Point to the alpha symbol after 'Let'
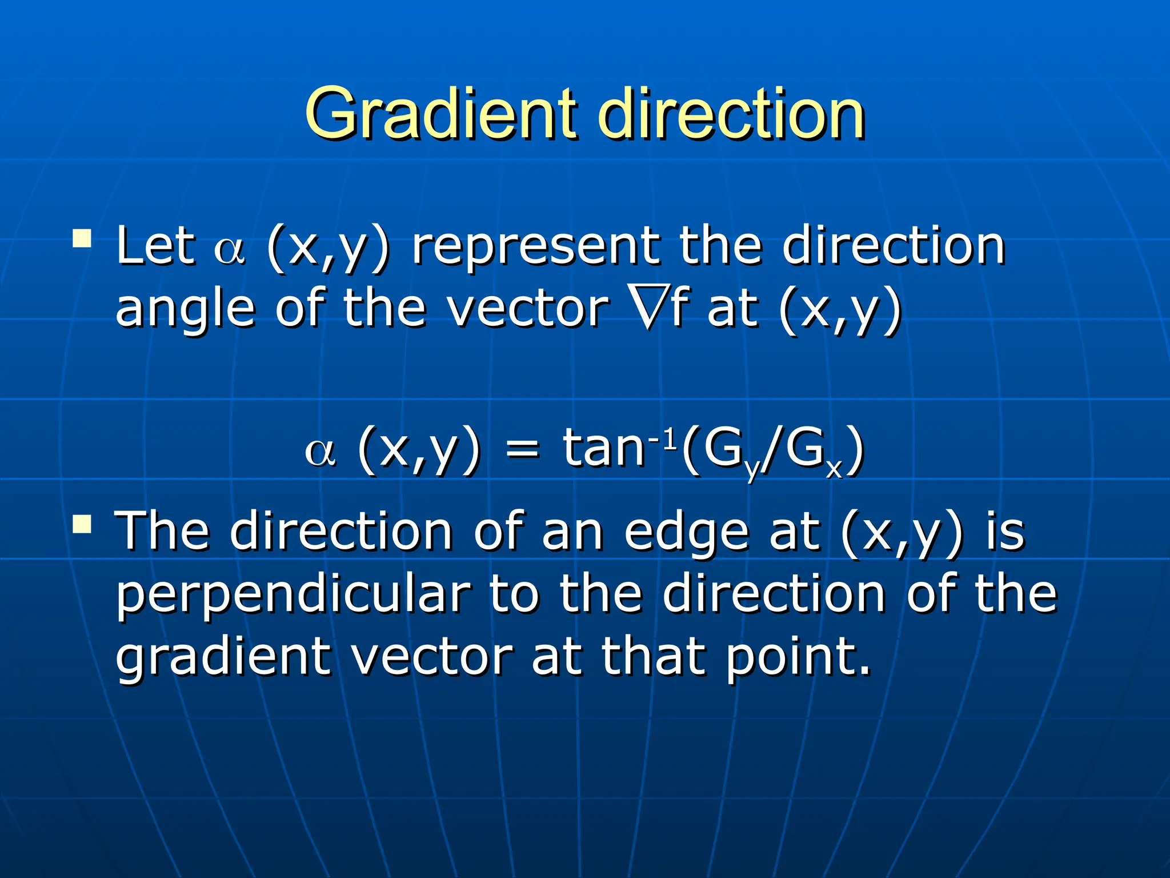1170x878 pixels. click(229, 252)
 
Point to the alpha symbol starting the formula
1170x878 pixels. click(320, 452)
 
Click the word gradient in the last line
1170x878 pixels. click(223, 657)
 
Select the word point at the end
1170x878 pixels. click(797, 657)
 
